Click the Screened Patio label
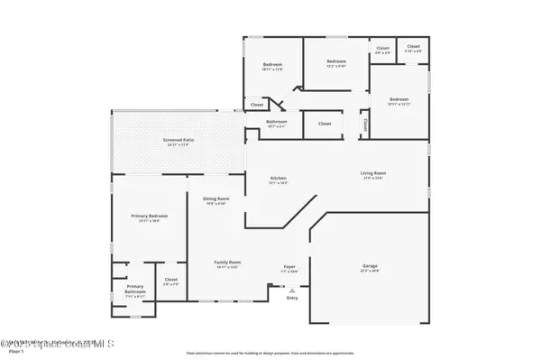click(179, 140)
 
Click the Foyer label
click(289, 267)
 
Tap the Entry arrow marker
click(290, 291)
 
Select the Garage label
click(370, 266)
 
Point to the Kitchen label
click(279, 179)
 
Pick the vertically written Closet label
click(365, 123)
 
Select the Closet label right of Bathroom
click(325, 124)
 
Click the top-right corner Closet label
click(413, 47)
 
